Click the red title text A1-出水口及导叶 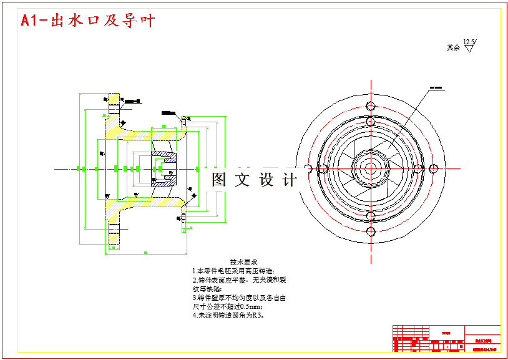pyautogui.click(x=87, y=21)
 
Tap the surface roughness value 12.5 pyautogui.click(x=469, y=42)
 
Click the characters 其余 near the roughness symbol pyautogui.click(x=453, y=47)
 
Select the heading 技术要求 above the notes pyautogui.click(x=243, y=262)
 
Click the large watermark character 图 pyautogui.click(x=219, y=180)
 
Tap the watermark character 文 pyautogui.click(x=242, y=180)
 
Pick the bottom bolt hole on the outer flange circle pyautogui.click(x=370, y=231)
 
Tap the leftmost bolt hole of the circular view pyautogui.click(x=308, y=168)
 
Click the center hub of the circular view pyautogui.click(x=370, y=168)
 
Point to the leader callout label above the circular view pyautogui.click(x=436, y=87)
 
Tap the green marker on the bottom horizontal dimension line pyautogui.click(x=145, y=253)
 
